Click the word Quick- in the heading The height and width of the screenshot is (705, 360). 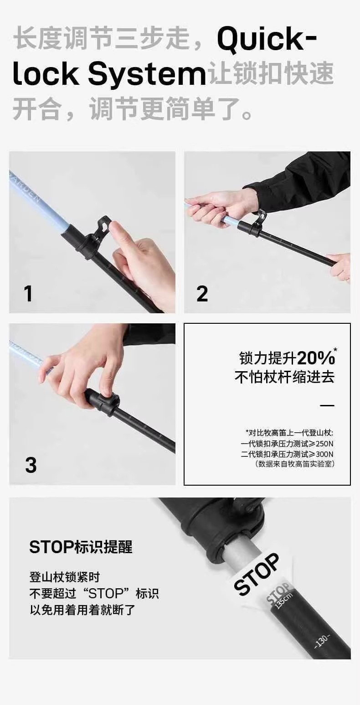click(267, 40)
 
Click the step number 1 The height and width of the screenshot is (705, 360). click(29, 294)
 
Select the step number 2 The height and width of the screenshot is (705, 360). click(202, 294)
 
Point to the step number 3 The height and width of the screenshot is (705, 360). click(31, 465)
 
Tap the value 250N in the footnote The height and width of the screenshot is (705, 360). click(324, 444)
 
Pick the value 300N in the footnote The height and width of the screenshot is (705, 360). click(324, 454)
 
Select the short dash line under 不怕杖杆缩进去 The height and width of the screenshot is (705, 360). click(327, 405)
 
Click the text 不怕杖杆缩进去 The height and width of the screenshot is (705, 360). click(284, 377)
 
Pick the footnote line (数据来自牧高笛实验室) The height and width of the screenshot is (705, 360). click(294, 464)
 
